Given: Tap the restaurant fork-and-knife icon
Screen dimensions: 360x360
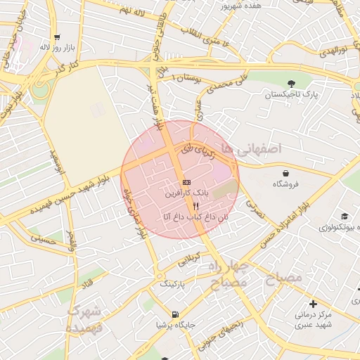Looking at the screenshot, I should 186,206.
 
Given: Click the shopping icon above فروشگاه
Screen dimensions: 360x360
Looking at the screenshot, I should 285,172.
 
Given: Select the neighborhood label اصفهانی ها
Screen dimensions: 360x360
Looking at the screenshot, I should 251,148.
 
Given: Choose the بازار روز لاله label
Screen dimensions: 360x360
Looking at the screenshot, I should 57,47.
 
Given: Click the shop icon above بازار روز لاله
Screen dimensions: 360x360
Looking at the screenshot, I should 57,37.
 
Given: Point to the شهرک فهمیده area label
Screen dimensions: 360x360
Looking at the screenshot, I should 84,319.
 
